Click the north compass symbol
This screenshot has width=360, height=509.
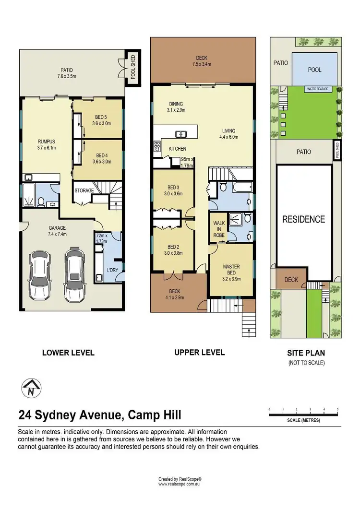point(31,388)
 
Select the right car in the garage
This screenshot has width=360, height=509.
point(75,274)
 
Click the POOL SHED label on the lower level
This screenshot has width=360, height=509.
point(133,67)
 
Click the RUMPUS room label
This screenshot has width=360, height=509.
point(47,142)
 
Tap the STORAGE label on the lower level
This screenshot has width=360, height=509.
point(84,190)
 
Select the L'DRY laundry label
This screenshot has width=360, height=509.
point(112,270)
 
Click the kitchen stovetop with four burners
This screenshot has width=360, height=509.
point(157,146)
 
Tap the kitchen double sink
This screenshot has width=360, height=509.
point(180,134)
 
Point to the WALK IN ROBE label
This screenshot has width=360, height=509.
point(219,229)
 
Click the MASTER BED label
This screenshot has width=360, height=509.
point(231,270)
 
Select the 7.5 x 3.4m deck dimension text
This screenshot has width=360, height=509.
point(202,64)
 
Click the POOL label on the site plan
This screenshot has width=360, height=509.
point(314,70)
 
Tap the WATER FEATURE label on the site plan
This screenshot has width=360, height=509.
point(318,89)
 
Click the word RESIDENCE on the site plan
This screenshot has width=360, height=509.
point(303,219)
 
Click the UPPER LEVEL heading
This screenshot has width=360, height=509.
point(200,352)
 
